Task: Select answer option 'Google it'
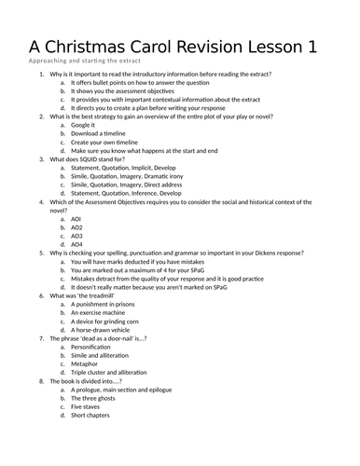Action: point(84,124)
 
